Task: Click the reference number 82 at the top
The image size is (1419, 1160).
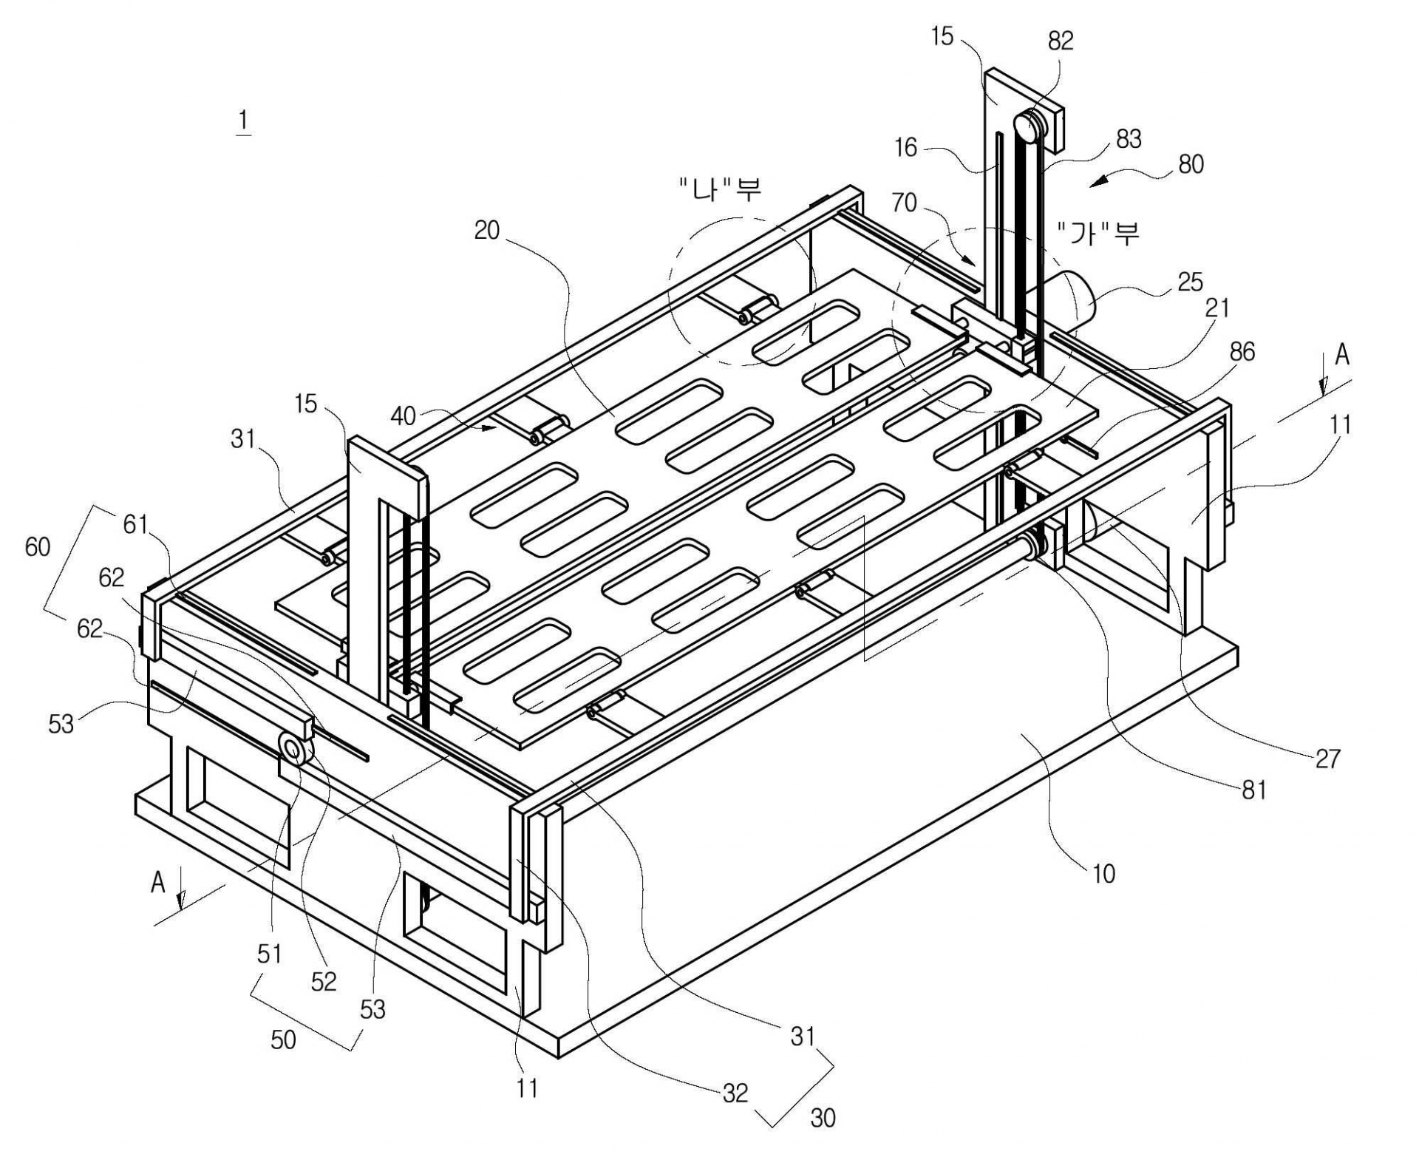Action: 1060,41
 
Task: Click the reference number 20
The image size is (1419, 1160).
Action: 487,231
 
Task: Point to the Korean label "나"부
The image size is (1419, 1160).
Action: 721,189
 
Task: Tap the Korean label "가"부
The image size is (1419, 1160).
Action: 1098,234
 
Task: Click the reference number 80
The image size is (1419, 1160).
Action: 1191,164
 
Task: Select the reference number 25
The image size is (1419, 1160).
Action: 1189,282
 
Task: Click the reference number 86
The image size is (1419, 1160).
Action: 1242,351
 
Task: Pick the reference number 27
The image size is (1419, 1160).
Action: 1327,758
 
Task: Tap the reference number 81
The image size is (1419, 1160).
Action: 1253,790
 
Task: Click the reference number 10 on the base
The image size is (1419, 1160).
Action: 1103,874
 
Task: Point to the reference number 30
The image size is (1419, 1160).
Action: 823,1118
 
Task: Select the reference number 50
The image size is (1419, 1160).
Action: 283,1039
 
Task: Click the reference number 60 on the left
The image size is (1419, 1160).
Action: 38,547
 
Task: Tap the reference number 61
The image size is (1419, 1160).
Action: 136,525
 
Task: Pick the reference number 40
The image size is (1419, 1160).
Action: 403,416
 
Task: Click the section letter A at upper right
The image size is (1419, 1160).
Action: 1341,356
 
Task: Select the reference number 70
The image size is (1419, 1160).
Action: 904,203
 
